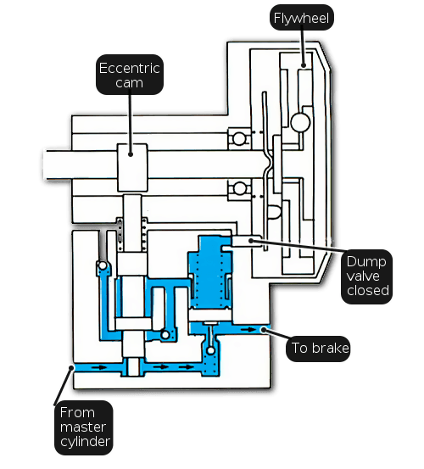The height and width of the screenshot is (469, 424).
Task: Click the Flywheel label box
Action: [302, 17]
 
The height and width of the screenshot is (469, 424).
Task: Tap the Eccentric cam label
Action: [130, 75]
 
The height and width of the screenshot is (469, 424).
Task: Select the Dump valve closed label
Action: [367, 276]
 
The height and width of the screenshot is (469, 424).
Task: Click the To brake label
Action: [318, 349]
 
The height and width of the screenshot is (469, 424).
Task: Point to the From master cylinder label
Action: [84, 427]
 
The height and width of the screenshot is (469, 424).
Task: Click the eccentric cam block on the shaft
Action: [132, 168]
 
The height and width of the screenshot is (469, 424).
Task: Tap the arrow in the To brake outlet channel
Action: [248, 330]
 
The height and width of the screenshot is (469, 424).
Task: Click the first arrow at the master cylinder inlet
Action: [99, 367]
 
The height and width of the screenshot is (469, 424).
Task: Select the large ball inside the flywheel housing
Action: [300, 122]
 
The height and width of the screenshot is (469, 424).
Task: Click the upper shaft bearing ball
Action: [239, 139]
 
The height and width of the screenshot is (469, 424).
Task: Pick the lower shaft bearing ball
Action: [239, 188]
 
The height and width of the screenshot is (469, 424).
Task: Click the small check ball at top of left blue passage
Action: [103, 265]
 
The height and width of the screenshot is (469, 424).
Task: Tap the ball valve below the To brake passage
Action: [211, 350]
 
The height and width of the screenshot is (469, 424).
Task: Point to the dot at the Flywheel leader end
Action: [304, 65]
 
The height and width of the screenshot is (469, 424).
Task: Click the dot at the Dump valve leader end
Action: [251, 241]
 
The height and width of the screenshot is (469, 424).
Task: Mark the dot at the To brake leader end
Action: [264, 330]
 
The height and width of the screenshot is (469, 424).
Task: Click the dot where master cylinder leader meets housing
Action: [71, 367]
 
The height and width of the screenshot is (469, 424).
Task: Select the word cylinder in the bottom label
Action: [85, 442]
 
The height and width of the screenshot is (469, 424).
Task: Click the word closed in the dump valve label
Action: [368, 290]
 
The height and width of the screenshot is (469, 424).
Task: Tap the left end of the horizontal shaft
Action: [44, 165]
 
